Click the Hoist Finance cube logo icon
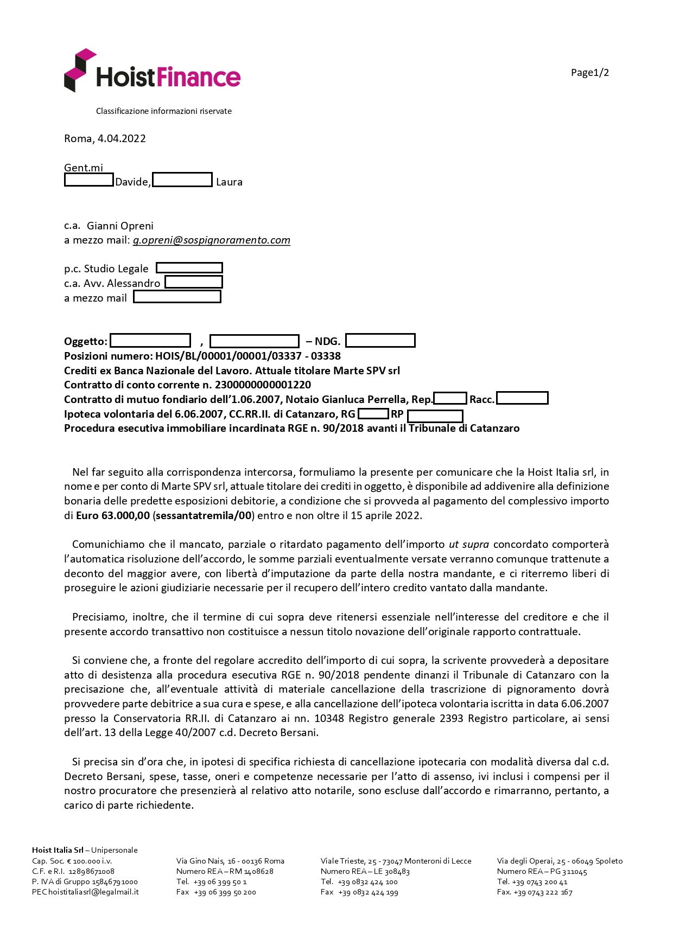(x=79, y=71)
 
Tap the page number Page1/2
(x=589, y=73)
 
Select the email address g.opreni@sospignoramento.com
(x=212, y=240)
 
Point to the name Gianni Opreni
(x=120, y=226)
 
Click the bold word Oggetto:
(x=86, y=341)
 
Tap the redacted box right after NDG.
(x=380, y=341)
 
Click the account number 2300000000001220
(x=263, y=385)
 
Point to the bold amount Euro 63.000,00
(x=113, y=515)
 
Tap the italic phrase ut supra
(x=469, y=544)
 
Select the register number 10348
(x=328, y=718)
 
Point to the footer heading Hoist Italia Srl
(x=58, y=850)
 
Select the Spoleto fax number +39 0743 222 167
(x=543, y=892)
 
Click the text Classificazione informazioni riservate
(x=164, y=111)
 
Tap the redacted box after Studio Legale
(x=189, y=268)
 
